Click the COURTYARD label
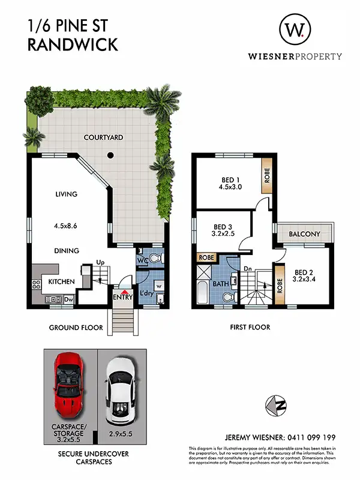[103, 137]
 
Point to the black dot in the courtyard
[110, 156]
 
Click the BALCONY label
[304, 234]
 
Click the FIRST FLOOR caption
[250, 328]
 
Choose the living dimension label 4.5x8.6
[68, 226]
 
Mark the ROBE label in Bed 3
[206, 257]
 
